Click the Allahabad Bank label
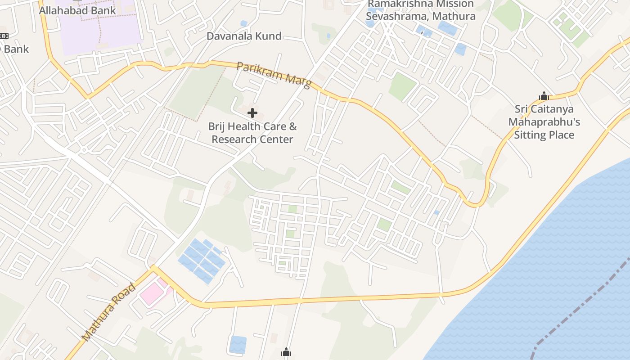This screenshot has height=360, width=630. coord(77,10)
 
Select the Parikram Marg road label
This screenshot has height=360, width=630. coord(274,75)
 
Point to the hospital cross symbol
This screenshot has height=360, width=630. coord(252,113)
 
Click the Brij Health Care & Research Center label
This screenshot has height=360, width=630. coord(252,133)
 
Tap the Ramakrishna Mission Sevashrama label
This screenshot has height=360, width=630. coord(420,10)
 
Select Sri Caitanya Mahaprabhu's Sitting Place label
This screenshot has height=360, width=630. coord(544,122)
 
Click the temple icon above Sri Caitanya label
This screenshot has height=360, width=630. coord(544,96)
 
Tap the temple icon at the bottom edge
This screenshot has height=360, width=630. coord(286,352)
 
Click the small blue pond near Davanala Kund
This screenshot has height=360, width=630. coord(243,23)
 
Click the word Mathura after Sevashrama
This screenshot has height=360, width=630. coord(454,16)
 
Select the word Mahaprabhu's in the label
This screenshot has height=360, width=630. coord(544,122)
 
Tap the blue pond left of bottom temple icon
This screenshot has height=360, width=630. coord(238,345)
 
